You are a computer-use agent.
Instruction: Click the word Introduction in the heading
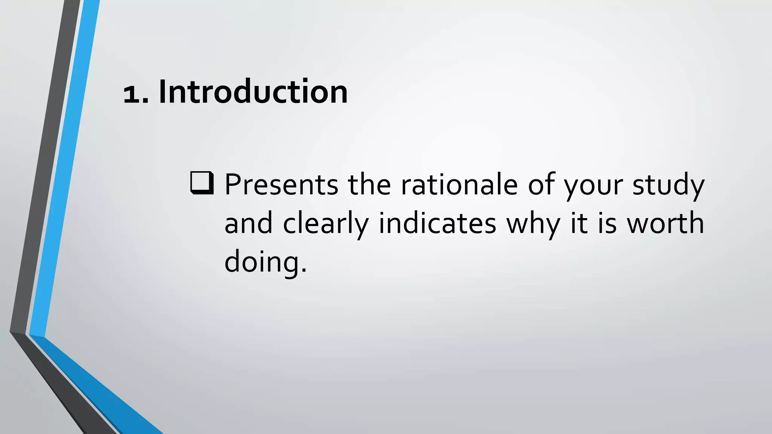(253, 92)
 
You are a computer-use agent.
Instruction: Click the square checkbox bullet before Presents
(202, 183)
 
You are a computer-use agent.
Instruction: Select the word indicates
(437, 223)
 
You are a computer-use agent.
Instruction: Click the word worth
(665, 223)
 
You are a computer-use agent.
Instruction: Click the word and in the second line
(248, 223)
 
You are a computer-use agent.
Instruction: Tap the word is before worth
(607, 223)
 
